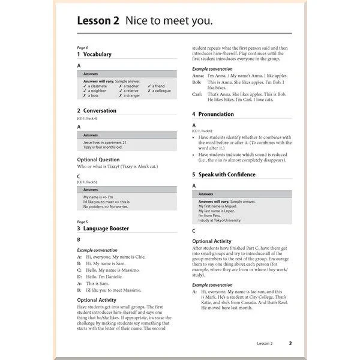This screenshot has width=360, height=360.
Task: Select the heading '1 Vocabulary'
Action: tap(94, 55)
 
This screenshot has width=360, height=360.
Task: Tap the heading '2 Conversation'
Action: tap(97, 111)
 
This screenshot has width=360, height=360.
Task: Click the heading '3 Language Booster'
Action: tap(103, 229)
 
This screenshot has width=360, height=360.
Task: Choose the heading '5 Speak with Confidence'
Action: tap(224, 175)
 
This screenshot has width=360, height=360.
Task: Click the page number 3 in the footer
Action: tap(290, 343)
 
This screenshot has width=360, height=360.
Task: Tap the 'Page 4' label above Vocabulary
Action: tap(82, 47)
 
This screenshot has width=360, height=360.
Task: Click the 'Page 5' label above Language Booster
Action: tap(82, 222)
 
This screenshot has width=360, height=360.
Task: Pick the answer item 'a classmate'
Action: tap(95, 86)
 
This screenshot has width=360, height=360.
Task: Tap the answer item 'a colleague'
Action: tap(160, 91)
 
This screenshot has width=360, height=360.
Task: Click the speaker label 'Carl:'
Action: tap(197, 94)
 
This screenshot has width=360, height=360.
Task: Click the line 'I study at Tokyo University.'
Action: tap(220, 220)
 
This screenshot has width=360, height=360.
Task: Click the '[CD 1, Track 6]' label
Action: tap(202, 130)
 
